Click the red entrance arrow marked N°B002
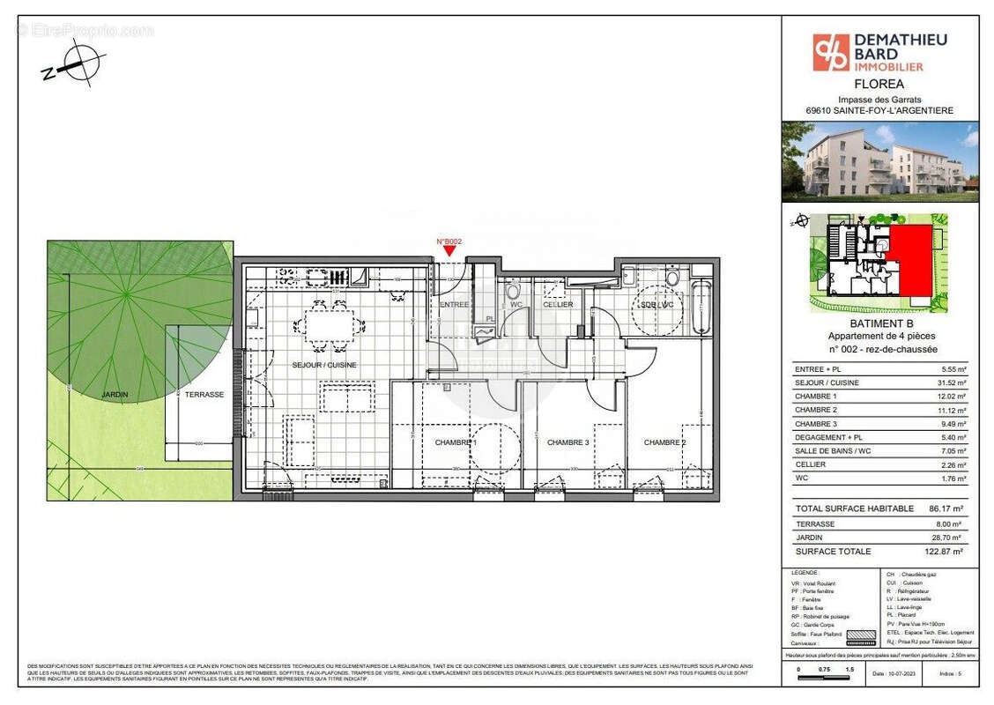[x=449, y=251]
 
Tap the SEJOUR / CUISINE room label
[x=325, y=364]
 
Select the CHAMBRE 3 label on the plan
[x=567, y=442]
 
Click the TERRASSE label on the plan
[x=204, y=395]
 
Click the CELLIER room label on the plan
[x=557, y=305]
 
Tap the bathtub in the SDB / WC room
[x=701, y=308]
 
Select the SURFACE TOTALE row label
[x=833, y=552]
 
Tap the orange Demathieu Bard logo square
[x=830, y=51]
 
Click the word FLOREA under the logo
[x=879, y=85]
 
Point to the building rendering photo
[x=879, y=162]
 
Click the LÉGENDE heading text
[x=805, y=573]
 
